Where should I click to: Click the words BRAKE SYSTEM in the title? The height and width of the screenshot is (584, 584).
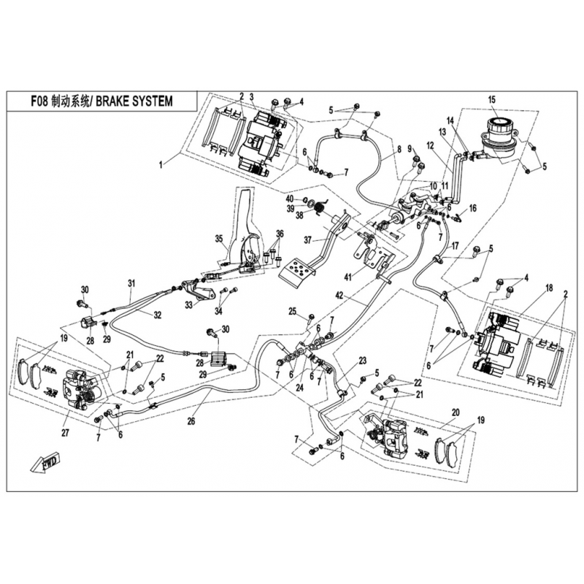133,101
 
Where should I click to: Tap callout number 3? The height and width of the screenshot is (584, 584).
251,97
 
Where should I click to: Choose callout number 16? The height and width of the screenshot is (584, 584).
473,208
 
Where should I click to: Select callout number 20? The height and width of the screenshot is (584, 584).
456,412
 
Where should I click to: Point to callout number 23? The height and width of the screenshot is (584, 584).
361,361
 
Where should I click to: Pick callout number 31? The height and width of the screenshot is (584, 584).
132,283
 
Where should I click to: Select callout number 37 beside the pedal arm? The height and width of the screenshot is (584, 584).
308,240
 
